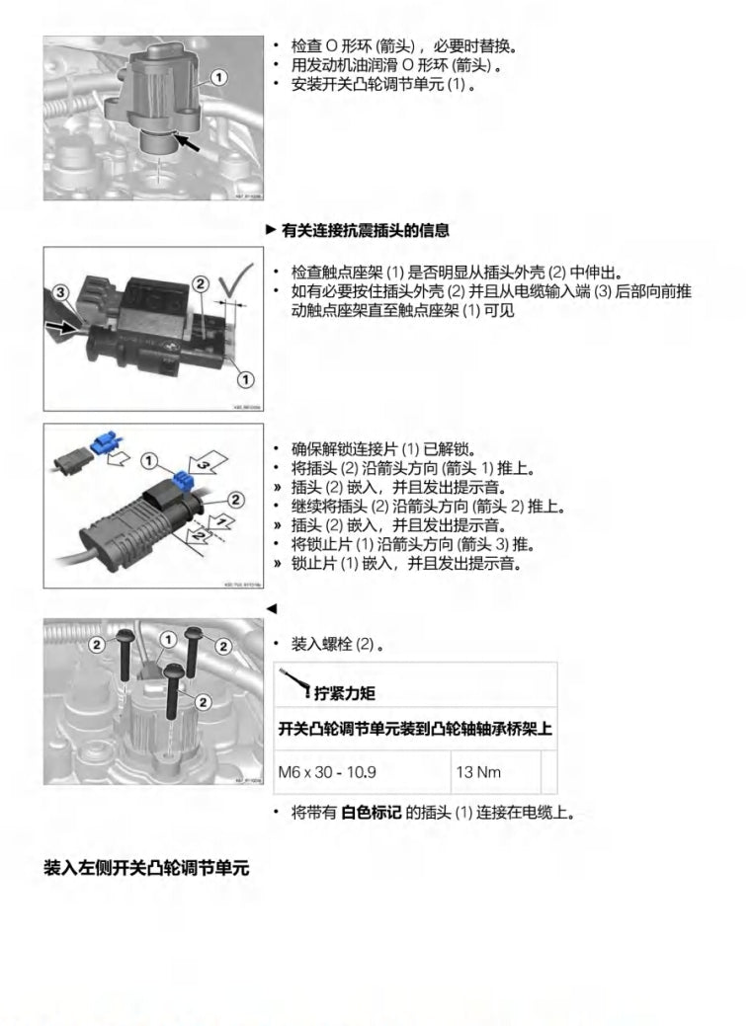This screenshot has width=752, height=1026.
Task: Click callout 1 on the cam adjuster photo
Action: (x=218, y=76)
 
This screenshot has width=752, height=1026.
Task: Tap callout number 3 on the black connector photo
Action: (x=59, y=292)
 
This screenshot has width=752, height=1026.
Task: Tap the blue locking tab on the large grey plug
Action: (x=180, y=482)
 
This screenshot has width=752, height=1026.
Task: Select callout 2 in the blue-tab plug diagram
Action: (x=236, y=500)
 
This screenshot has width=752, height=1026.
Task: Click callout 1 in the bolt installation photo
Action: (x=169, y=640)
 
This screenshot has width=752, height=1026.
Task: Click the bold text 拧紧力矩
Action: (x=345, y=693)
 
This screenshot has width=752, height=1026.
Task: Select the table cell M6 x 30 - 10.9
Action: (x=334, y=771)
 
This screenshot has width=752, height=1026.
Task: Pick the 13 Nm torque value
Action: (x=478, y=771)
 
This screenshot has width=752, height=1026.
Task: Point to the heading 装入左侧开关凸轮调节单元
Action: (x=146, y=868)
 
